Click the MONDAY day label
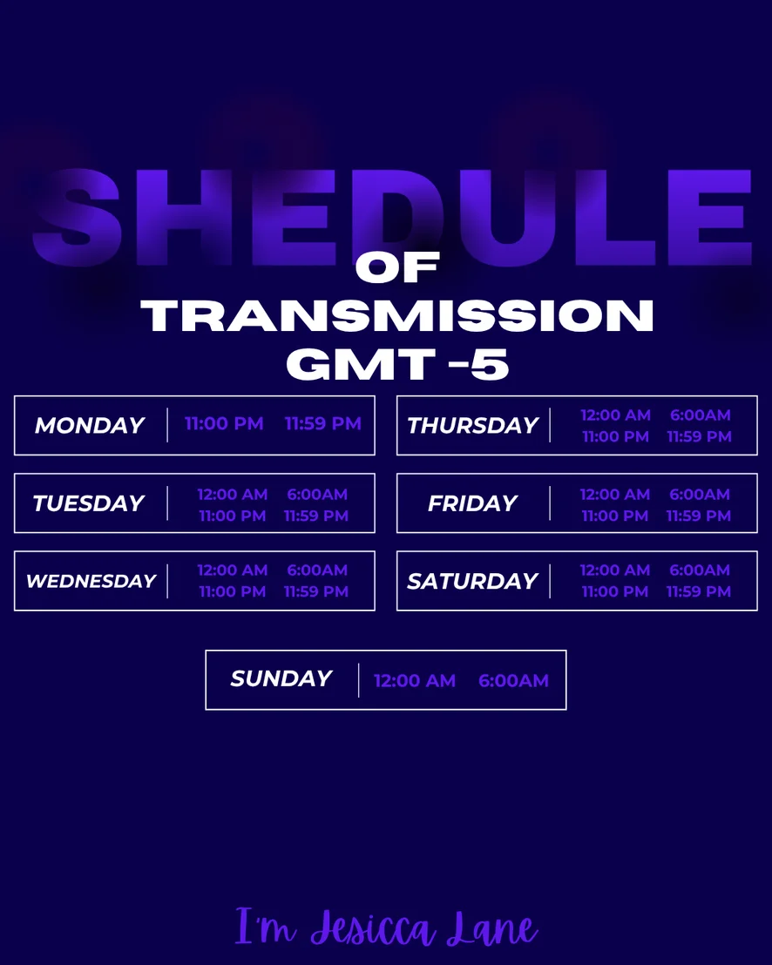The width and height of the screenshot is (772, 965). tap(90, 425)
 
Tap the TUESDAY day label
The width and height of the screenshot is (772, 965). tap(89, 503)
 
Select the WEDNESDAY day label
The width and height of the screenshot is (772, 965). tap(91, 581)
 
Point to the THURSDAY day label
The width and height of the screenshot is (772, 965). tap(473, 425)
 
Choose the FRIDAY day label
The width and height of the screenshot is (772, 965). tap(473, 503)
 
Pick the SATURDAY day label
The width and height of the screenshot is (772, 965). tap(473, 581)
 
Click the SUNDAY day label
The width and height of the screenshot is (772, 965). tap(281, 678)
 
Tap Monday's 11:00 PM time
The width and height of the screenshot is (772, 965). tap(224, 423)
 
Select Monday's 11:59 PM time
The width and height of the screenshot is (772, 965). tap(323, 423)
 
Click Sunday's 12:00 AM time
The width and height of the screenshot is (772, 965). tap(415, 681)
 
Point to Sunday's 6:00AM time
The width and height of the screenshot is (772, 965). tap(513, 681)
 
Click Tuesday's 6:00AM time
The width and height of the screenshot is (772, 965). tap(317, 494)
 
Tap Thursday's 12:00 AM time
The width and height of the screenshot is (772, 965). tap(616, 415)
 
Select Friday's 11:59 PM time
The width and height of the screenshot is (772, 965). tap(699, 516)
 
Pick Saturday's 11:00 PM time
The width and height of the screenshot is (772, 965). tap(615, 591)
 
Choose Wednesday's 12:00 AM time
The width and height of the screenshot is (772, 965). tap(233, 570)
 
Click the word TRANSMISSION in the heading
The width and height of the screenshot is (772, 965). tap(397, 316)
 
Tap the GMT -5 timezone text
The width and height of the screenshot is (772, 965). tap(397, 364)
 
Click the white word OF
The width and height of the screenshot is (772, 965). tap(397, 267)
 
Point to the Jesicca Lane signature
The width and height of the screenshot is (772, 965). tap(387, 928)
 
